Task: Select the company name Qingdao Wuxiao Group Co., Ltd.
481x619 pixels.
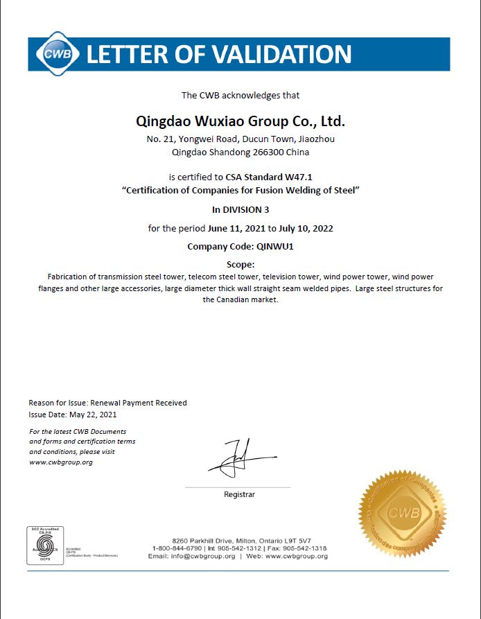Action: coord(240,121)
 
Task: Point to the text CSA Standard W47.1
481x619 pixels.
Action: coord(269,177)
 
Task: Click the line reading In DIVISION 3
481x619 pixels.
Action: coord(240,209)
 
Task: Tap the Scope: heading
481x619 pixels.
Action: coord(240,264)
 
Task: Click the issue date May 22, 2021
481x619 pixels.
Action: coord(91,415)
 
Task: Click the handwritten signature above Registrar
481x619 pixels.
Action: coord(239,457)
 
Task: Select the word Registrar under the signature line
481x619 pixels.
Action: coord(239,494)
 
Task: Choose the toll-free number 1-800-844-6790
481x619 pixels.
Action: coord(177,548)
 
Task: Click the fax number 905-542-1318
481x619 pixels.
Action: coord(307,548)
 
